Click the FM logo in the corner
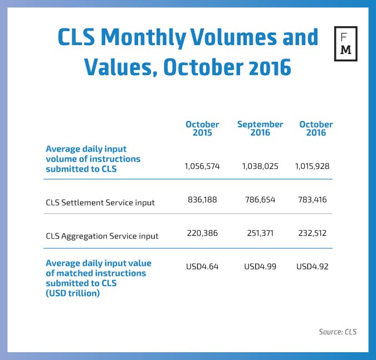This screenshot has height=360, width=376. point(345,43)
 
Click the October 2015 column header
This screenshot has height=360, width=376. point(202,129)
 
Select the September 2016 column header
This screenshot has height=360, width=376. point(260,129)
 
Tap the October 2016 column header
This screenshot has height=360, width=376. point(316,129)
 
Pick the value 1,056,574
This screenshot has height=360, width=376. point(202,167)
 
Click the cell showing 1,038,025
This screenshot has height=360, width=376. point(260,167)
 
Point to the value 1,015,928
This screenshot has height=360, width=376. point(315,167)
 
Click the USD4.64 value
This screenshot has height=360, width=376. point(202,266)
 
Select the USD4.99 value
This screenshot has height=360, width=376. point(260,266)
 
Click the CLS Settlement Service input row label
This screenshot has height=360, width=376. point(100,202)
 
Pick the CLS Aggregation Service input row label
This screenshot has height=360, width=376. point(102,236)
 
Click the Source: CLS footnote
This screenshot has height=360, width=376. point(338,332)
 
